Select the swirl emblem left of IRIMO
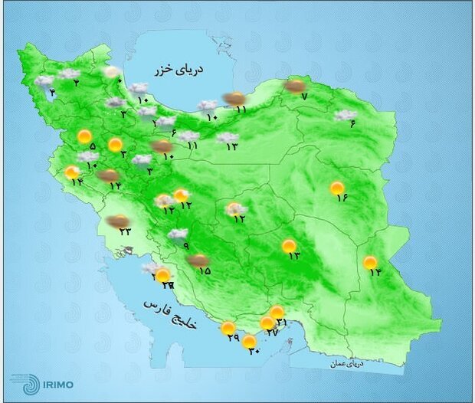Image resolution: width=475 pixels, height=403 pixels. tap(21, 381)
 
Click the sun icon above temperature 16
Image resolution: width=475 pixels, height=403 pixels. tap(337, 187)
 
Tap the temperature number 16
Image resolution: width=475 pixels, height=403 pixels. tap(342, 198)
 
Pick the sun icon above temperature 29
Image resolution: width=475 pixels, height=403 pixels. tap(228, 329)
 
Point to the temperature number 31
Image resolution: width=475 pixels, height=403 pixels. tap(281, 323)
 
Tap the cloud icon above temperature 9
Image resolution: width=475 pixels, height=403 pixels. tap(178, 234)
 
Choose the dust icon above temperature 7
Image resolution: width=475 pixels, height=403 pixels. tap(294, 87)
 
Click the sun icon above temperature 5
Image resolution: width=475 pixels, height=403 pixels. tap(84, 136)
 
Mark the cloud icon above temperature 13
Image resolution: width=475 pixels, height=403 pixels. tap(227, 138)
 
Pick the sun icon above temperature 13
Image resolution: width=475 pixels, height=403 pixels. tap(289, 246)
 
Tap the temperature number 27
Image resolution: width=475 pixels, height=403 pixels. tap(270, 334)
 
